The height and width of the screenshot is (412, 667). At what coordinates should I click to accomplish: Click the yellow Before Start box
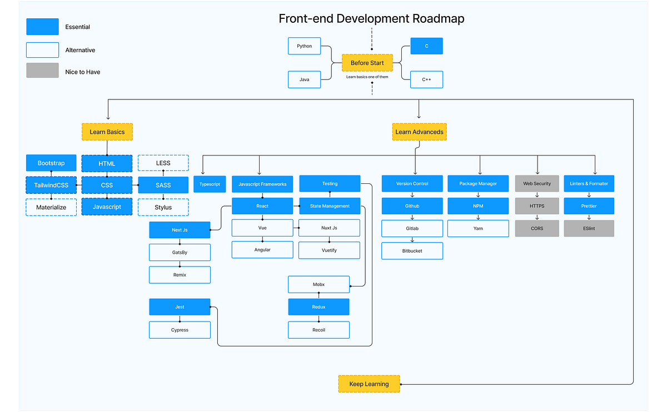[367, 63]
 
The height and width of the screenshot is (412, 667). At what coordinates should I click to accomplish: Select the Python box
[304, 46]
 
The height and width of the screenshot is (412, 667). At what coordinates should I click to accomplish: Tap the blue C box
[426, 46]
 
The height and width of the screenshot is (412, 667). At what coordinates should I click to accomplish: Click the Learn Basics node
[107, 132]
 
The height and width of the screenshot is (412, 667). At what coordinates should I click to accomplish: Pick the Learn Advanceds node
[419, 132]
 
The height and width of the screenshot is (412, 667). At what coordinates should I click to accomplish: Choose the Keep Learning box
[369, 384]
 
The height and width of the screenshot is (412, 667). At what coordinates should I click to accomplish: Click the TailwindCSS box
[51, 185]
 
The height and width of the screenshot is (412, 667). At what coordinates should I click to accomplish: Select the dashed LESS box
[163, 163]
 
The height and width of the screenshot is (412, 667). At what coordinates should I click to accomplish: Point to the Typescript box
[210, 184]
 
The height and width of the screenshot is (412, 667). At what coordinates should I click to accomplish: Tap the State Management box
[330, 206]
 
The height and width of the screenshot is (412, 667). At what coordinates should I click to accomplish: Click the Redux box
[318, 307]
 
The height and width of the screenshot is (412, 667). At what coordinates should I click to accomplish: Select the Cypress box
[180, 330]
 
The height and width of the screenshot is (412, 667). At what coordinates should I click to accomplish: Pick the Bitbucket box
[412, 251]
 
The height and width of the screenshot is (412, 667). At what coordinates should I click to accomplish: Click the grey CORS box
[537, 228]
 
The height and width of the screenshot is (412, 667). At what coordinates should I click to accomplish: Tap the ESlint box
[589, 228]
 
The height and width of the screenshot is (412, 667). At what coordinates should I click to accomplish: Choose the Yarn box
[478, 228]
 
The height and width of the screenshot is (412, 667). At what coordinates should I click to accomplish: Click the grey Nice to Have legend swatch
[42, 71]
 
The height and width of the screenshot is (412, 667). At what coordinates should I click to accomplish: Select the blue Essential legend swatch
[42, 27]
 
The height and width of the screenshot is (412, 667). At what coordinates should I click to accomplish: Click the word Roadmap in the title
[438, 19]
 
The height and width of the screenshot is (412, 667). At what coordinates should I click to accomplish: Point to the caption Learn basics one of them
[367, 77]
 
